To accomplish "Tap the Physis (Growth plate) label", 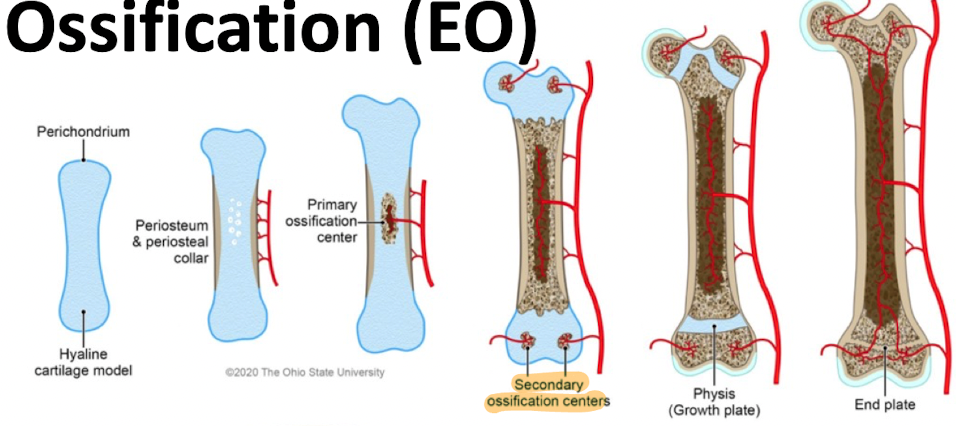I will [716, 402].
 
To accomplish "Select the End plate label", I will [884, 405].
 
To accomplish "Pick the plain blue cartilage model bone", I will [85, 240].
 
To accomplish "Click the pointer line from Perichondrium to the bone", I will [84, 150].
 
